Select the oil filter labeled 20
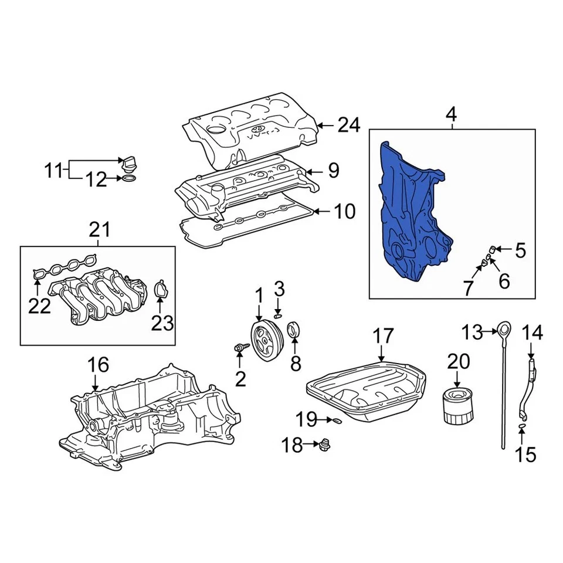point(455,405)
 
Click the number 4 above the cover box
point(450,116)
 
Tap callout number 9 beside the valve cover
point(334,171)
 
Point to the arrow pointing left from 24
point(326,126)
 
